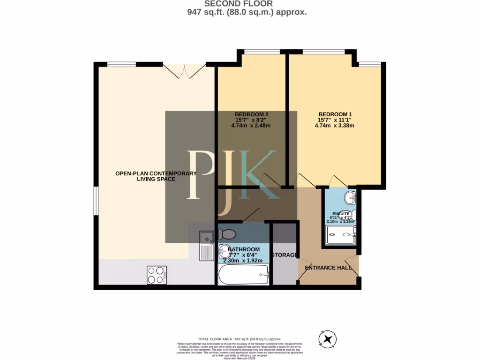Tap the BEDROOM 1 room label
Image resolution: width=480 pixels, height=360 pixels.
click(x=335, y=114)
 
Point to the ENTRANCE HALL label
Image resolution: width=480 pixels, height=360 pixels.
click(x=328, y=268)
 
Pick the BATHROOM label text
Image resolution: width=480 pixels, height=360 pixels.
click(x=243, y=249)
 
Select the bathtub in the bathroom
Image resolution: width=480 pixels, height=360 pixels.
click(x=243, y=274)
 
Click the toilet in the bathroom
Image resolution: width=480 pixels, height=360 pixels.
click(x=227, y=233)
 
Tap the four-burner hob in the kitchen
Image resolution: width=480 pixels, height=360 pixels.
click(x=157, y=275)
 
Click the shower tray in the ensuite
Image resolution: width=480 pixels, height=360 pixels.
click(x=341, y=235)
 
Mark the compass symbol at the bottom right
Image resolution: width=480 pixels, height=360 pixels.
click(x=327, y=338)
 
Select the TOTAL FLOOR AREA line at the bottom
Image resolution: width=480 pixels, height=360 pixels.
click(x=240, y=338)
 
